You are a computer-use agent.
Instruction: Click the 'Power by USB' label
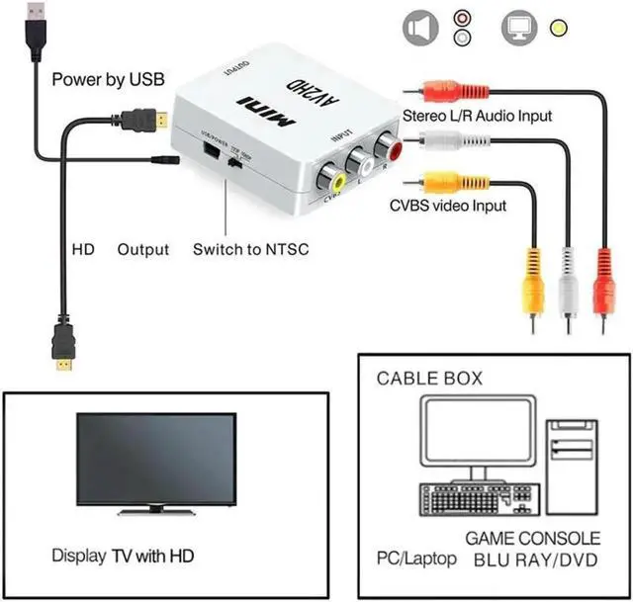[107, 79]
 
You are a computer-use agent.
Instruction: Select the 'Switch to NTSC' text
[250, 249]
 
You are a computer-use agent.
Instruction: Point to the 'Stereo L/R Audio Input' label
[477, 116]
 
